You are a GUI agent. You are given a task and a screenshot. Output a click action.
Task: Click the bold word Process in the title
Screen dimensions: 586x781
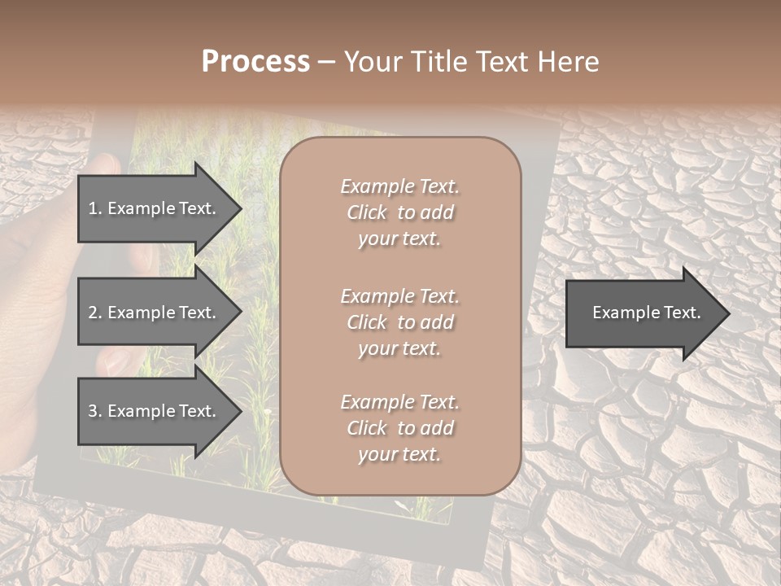pos(255,62)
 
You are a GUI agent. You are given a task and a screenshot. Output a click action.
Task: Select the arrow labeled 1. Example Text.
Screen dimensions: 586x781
pos(155,209)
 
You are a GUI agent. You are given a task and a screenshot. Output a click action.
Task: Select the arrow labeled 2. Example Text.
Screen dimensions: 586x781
pos(155,313)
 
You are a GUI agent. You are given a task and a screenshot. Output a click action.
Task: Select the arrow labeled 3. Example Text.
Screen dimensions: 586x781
pos(155,412)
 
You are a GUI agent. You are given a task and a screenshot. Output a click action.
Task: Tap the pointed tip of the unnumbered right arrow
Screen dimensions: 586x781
pos(726,313)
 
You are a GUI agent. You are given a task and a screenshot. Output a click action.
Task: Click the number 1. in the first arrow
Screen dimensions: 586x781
pos(94,209)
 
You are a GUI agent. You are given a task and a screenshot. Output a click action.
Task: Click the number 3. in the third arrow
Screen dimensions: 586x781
pos(94,412)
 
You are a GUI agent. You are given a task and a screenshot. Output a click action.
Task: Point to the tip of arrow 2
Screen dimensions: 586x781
pos(239,313)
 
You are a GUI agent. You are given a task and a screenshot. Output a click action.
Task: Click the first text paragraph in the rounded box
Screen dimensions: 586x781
pos(400,212)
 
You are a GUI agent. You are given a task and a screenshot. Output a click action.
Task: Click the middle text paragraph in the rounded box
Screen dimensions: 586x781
pos(400,322)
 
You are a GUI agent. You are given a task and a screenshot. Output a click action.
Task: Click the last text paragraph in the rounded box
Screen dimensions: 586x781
pos(400,428)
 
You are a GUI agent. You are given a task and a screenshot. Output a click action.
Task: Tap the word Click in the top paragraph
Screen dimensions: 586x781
pos(367,212)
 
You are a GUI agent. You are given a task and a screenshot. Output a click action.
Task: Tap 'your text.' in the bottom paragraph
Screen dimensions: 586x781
pos(400,454)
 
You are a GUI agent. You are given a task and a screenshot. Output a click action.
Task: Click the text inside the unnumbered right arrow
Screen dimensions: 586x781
pos(646,313)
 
